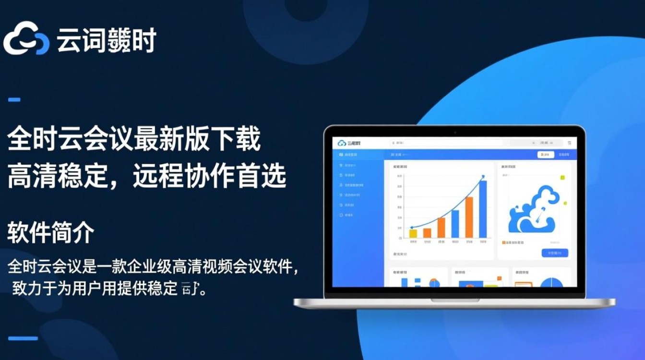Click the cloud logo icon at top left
(x=26, y=38)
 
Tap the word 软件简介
(x=50, y=234)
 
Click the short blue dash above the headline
(x=14, y=100)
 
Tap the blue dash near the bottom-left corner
(x=23, y=338)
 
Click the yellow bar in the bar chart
(x=413, y=233)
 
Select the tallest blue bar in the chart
(x=483, y=209)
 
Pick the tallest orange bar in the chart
(x=469, y=217)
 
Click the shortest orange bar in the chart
(x=427, y=233)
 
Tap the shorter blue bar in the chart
(x=454, y=224)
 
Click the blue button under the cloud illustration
(x=554, y=253)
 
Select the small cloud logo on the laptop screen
(x=342, y=143)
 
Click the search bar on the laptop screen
(x=446, y=143)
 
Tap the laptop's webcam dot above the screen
(x=454, y=130)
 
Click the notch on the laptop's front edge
(x=454, y=300)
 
